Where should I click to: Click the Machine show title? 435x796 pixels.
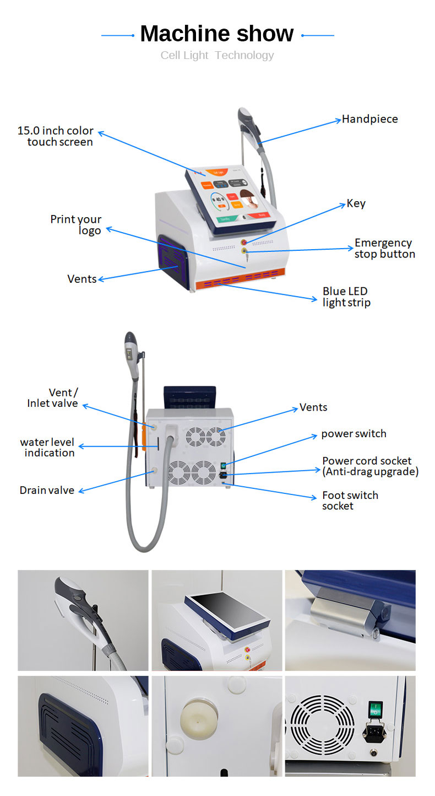coord(217,34)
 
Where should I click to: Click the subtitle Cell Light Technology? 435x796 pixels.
coord(217,55)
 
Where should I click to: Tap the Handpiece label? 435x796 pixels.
coord(369,119)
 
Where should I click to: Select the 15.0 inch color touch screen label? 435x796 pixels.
coord(56,136)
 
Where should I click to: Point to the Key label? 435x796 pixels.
coord(356,203)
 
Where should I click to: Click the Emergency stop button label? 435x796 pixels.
coord(384,248)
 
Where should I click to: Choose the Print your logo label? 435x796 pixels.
coord(77,224)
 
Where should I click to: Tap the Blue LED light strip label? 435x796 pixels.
coord(346,297)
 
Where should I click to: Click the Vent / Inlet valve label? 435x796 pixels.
coord(53,397)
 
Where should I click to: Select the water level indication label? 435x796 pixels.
coord(47,447)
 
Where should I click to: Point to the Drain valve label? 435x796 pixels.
coord(47,490)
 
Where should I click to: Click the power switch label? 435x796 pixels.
coord(354,434)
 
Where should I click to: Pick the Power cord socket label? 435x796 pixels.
coord(370,466)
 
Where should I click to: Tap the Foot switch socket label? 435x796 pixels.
coord(350,501)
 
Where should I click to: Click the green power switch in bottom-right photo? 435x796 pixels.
coord(375,709)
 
